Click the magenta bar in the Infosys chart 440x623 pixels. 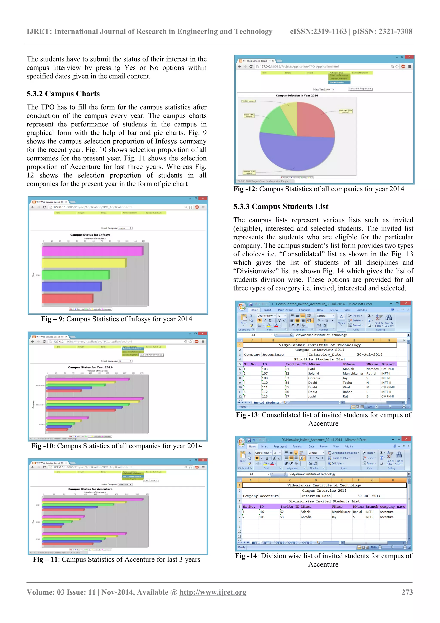tap(92, 251)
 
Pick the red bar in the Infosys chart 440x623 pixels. tap(67, 298)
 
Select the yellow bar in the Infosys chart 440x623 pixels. tap(84, 263)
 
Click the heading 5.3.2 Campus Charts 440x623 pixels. tap(63, 94)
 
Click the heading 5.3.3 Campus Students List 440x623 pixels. tap(281, 207)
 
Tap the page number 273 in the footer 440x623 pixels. tap(407, 592)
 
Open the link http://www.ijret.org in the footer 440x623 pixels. tap(213, 592)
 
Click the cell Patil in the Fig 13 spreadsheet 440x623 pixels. tap(312, 369)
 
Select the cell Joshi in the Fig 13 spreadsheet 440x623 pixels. tap(312, 396)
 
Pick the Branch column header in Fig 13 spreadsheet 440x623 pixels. tap(388, 364)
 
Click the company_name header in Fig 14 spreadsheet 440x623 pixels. tap(392, 507)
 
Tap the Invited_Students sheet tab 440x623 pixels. tap(266, 402)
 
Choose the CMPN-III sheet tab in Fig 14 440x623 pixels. tap(307, 543)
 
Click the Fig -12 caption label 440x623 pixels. tap(244, 189)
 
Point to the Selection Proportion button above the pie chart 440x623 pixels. tap(360, 89)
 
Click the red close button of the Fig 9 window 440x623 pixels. tap(203, 198)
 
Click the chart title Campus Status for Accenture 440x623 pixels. tap(90, 489)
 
